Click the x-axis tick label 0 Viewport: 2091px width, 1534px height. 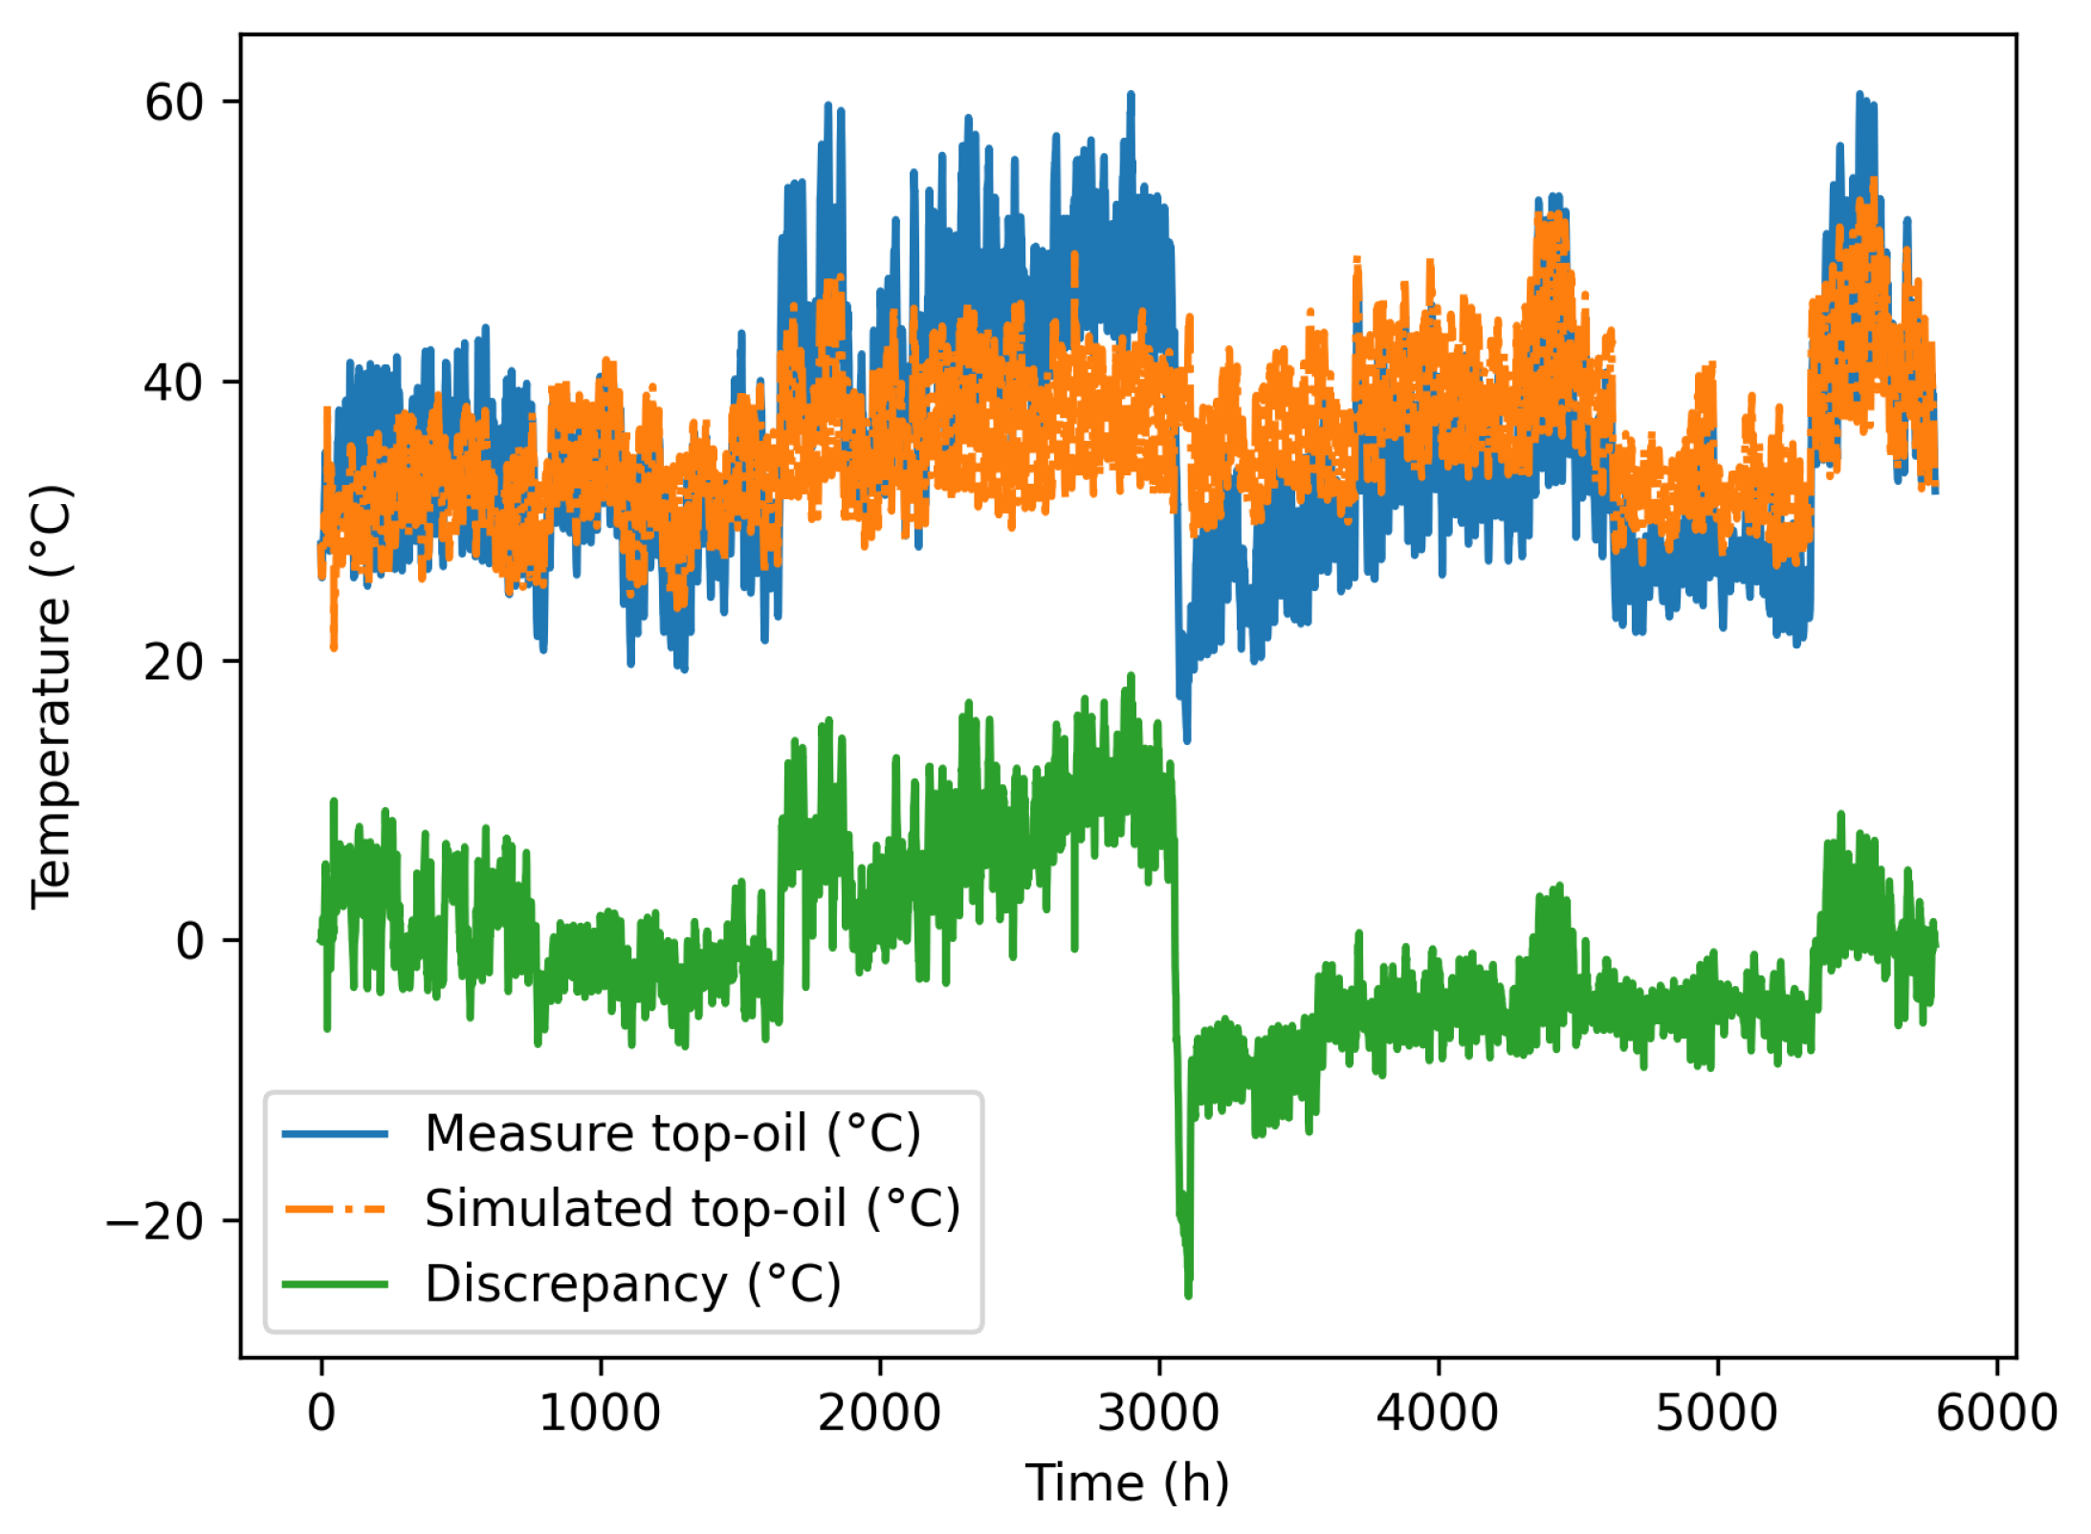(x=321, y=1413)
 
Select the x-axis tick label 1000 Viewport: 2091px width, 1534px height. (x=600, y=1413)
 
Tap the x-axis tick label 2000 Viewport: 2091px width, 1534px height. (x=879, y=1413)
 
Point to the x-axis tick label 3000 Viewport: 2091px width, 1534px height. (x=1158, y=1413)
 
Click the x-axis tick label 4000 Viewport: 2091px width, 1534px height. (x=1437, y=1413)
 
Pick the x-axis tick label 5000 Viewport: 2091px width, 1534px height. (x=1716, y=1413)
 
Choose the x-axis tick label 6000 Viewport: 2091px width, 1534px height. (x=1995, y=1413)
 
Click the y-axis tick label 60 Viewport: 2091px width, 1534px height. (x=174, y=102)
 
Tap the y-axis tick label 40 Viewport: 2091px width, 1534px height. (x=174, y=383)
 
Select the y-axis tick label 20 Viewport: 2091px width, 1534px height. (x=174, y=662)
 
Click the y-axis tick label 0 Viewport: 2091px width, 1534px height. (x=190, y=941)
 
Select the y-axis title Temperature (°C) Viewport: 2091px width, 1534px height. (x=52, y=696)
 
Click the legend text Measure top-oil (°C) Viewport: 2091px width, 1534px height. (x=672, y=1134)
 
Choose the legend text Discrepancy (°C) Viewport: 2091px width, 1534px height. (x=632, y=1283)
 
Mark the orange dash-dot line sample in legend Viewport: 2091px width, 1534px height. (x=335, y=1209)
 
